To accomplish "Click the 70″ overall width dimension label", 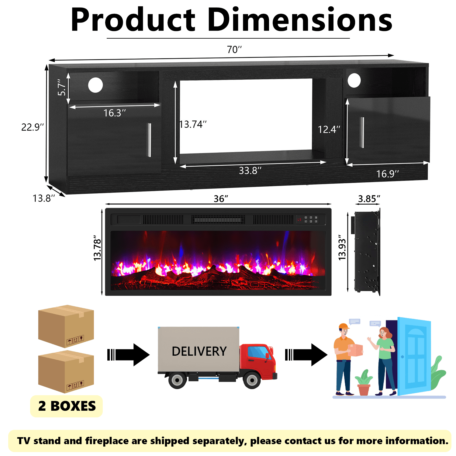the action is pyautogui.click(x=234, y=49).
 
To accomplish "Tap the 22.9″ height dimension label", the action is pyautogui.click(x=33, y=127).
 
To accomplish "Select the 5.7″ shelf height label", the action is pyautogui.click(x=61, y=87).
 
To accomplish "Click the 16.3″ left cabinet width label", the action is pyautogui.click(x=115, y=113).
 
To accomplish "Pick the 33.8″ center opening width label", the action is pyautogui.click(x=250, y=171).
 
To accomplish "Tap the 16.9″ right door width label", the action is pyautogui.click(x=388, y=174).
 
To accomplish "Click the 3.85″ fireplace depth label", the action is pyautogui.click(x=369, y=199).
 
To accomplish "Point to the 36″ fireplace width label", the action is pyautogui.click(x=221, y=199).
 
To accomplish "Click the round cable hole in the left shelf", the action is pyautogui.click(x=95, y=85).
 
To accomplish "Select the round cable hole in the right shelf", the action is pyautogui.click(x=354, y=81).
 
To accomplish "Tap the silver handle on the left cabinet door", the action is pyautogui.click(x=149, y=140).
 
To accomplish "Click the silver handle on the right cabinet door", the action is pyautogui.click(x=362, y=132).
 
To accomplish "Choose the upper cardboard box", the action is pyautogui.click(x=66, y=326).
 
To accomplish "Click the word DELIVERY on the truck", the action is pyautogui.click(x=199, y=351).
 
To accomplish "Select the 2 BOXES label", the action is pyautogui.click(x=67, y=406).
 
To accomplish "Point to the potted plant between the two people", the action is pyautogui.click(x=364, y=382).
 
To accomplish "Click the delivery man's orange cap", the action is pyautogui.click(x=344, y=326).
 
